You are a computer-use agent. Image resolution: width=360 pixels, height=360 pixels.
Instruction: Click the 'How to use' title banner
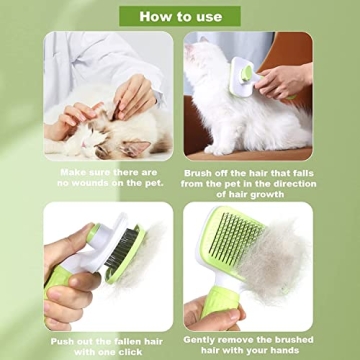[x=180, y=15]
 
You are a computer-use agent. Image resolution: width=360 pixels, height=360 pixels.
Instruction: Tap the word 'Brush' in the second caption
[x=204, y=171]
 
